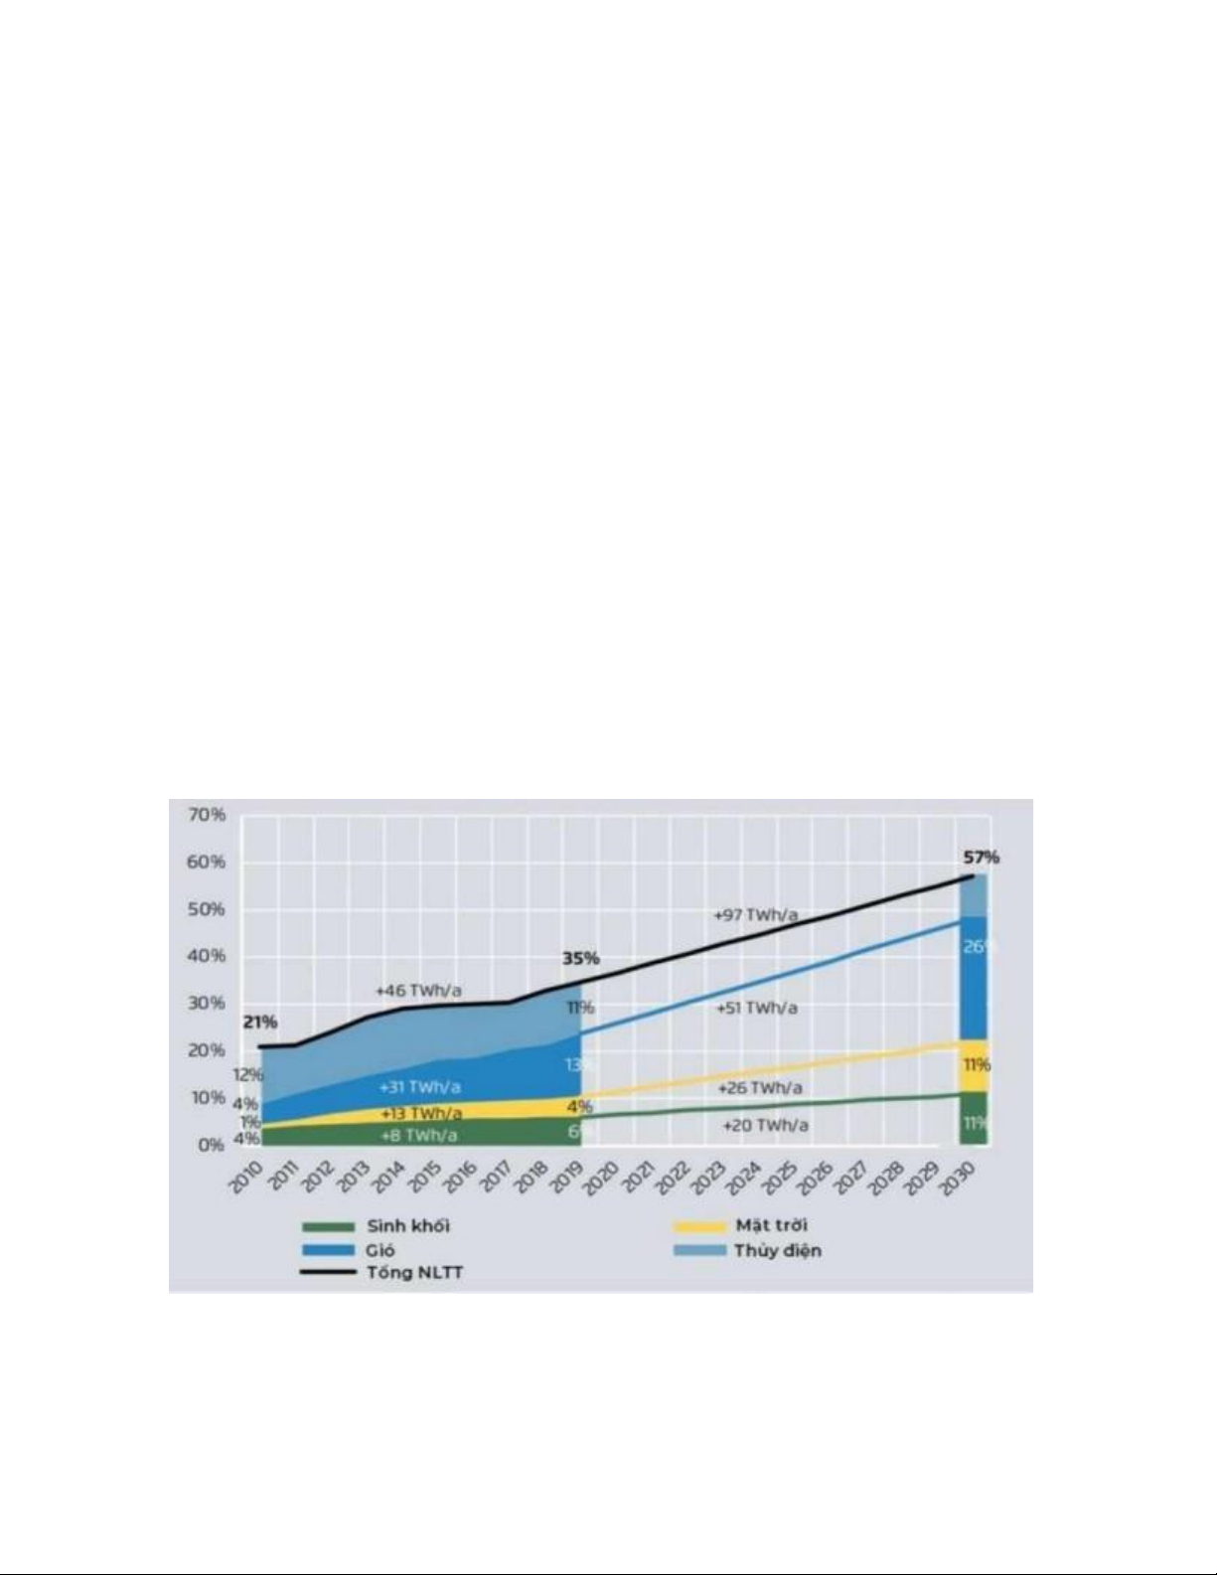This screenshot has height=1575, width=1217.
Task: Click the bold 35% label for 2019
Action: (x=581, y=959)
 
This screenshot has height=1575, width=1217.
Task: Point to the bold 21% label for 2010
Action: (x=260, y=1023)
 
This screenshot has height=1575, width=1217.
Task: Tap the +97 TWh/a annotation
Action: (x=756, y=915)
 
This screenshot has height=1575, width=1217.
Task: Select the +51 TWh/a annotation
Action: (x=757, y=1008)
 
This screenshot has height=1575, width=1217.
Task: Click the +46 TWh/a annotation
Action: (x=418, y=991)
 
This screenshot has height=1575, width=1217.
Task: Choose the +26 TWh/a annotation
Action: (x=760, y=1089)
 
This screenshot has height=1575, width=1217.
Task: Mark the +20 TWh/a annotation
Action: (x=765, y=1126)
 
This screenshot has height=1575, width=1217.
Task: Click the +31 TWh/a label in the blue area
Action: (x=419, y=1087)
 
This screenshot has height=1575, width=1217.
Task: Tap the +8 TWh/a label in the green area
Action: (x=419, y=1135)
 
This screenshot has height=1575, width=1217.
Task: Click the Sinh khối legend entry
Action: (x=407, y=1226)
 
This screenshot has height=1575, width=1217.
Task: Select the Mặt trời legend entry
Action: (x=771, y=1225)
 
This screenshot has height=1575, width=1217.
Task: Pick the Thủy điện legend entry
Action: (x=777, y=1250)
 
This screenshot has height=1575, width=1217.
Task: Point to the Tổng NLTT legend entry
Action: (x=414, y=1273)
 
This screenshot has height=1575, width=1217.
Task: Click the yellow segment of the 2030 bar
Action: (x=974, y=1065)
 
